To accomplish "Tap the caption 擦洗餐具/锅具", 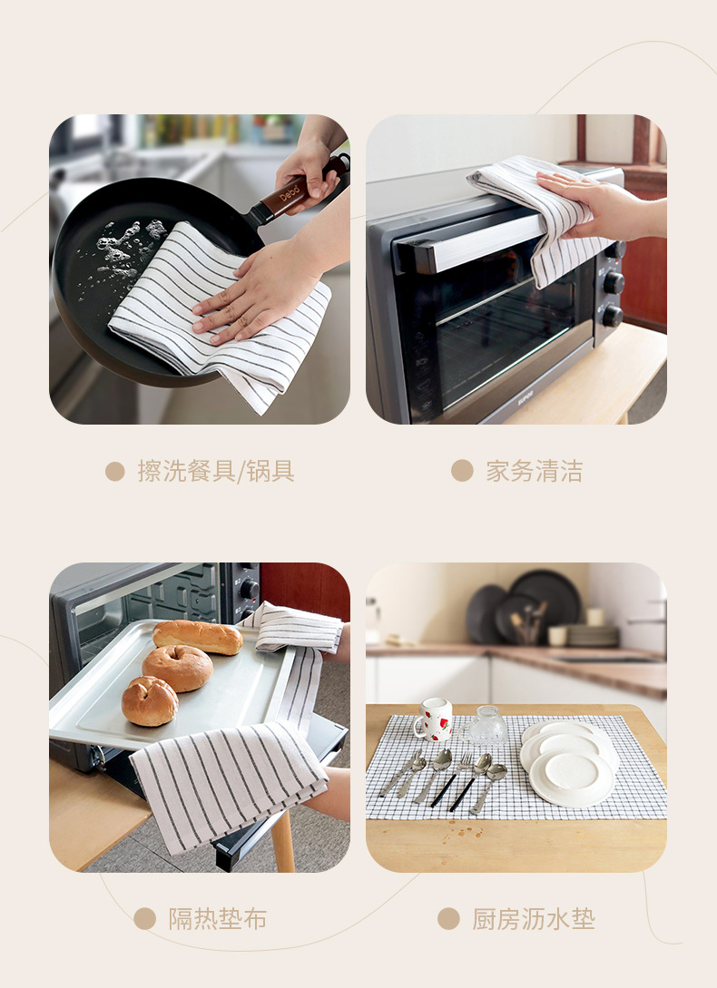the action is [216, 471].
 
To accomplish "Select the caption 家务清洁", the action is [535, 471].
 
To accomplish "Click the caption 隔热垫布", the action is [218, 919].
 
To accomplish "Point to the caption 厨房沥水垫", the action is [534, 919].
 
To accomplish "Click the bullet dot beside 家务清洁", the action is [462, 471].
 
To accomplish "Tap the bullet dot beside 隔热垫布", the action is [145, 919].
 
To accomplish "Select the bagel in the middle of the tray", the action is [177, 669].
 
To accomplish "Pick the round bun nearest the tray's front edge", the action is [150, 700].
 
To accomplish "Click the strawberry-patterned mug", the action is [433, 719].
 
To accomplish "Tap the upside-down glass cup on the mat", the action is [485, 727].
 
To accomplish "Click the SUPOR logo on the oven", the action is [525, 398].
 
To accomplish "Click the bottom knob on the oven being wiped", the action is [613, 316].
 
